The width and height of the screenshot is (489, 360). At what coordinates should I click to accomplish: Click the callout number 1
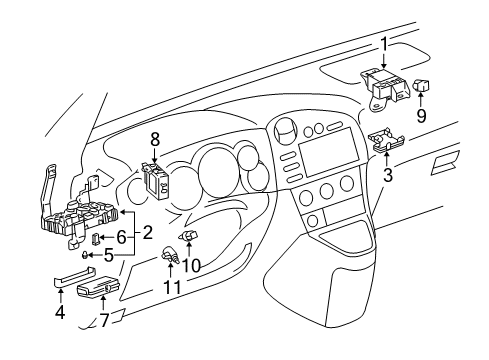383,43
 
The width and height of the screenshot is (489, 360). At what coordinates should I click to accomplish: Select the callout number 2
147,233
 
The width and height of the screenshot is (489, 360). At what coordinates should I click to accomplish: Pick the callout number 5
108,254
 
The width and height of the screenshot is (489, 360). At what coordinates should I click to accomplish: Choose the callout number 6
120,236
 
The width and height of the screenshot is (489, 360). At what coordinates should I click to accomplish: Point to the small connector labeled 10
190,236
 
